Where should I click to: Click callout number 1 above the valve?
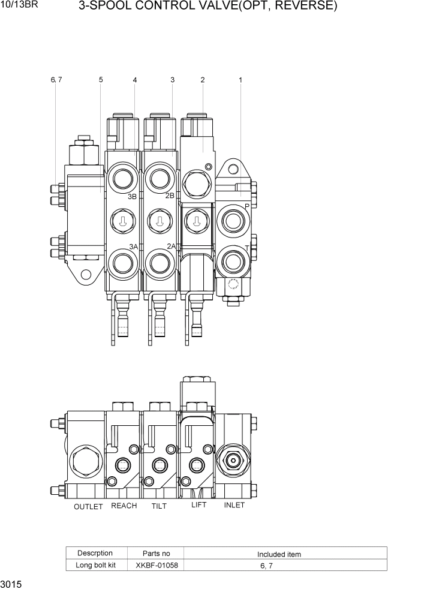(240, 80)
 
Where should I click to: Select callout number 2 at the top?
(203, 80)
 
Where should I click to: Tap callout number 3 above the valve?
(172, 80)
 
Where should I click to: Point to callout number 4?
(135, 80)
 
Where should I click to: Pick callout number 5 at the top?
(101, 80)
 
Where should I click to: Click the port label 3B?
(133, 196)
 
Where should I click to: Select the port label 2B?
(170, 196)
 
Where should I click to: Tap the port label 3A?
(133, 247)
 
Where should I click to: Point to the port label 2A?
(172, 246)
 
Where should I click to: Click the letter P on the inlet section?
(246, 206)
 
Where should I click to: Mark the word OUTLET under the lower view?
(88, 507)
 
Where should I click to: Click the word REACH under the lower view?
(124, 506)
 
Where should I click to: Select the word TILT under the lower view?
(159, 506)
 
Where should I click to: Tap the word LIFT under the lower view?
(199, 505)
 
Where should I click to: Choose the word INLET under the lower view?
(234, 505)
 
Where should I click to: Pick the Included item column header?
(279, 554)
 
